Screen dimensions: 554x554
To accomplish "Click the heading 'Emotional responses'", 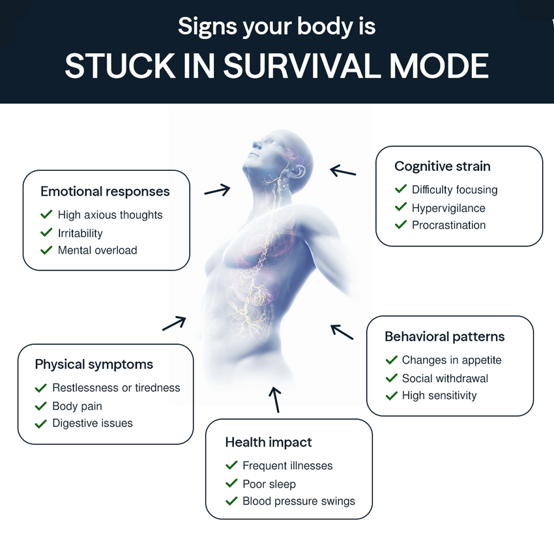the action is (105, 192).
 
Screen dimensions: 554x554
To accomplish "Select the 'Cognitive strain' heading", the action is (443, 166).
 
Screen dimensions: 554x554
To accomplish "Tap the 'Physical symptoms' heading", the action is (94, 364).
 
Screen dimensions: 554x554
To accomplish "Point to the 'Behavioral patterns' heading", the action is (445, 336).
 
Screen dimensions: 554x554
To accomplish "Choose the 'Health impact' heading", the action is (269, 442).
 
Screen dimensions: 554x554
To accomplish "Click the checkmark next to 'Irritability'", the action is (46, 233).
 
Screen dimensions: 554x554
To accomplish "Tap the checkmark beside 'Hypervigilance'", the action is (401, 207).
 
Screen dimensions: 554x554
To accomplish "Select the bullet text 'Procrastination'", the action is (448, 225).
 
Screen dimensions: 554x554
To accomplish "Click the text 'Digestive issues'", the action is (93, 423).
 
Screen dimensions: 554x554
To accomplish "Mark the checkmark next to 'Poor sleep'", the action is (231, 483).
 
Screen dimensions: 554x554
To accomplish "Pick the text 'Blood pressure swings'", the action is (299, 501).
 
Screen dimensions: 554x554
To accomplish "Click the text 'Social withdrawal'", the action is (445, 379).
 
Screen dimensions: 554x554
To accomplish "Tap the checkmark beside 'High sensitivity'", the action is (392, 396).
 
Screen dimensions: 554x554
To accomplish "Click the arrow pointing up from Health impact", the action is (276, 400).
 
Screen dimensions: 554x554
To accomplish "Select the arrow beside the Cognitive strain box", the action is (343, 171).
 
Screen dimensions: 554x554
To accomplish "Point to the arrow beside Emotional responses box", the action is (217, 190).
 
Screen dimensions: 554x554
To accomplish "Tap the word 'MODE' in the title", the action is (439, 66).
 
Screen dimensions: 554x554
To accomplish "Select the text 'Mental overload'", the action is (98, 250).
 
